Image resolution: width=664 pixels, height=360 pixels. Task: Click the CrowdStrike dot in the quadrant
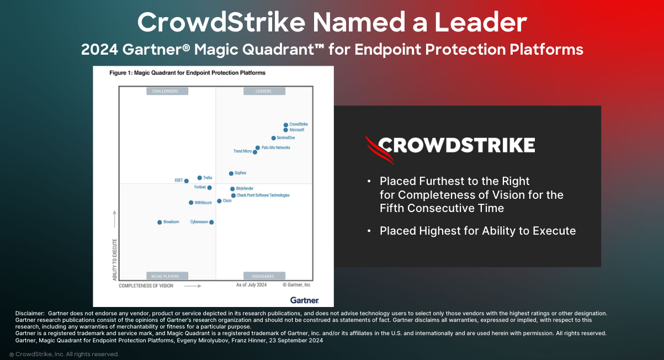pos(286,125)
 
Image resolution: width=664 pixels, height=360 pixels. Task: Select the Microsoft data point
pos(285,130)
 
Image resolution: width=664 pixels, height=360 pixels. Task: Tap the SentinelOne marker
pos(273,138)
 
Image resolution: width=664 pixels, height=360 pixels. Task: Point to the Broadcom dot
pos(160,222)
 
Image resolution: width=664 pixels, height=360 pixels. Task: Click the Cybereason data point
pos(211,222)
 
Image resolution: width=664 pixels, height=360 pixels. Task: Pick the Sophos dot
pos(231,173)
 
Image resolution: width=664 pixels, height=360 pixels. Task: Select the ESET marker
pos(186,181)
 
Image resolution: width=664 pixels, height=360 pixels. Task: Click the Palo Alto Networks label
pos(275,148)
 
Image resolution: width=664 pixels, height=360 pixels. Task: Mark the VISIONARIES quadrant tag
pos(264,276)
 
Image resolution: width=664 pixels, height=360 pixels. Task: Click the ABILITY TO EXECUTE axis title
pos(115,260)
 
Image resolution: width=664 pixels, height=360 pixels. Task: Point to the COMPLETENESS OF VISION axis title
pos(146,286)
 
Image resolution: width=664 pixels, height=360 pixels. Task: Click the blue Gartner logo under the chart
pos(304,300)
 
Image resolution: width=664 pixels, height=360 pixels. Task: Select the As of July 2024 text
pos(251,285)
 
